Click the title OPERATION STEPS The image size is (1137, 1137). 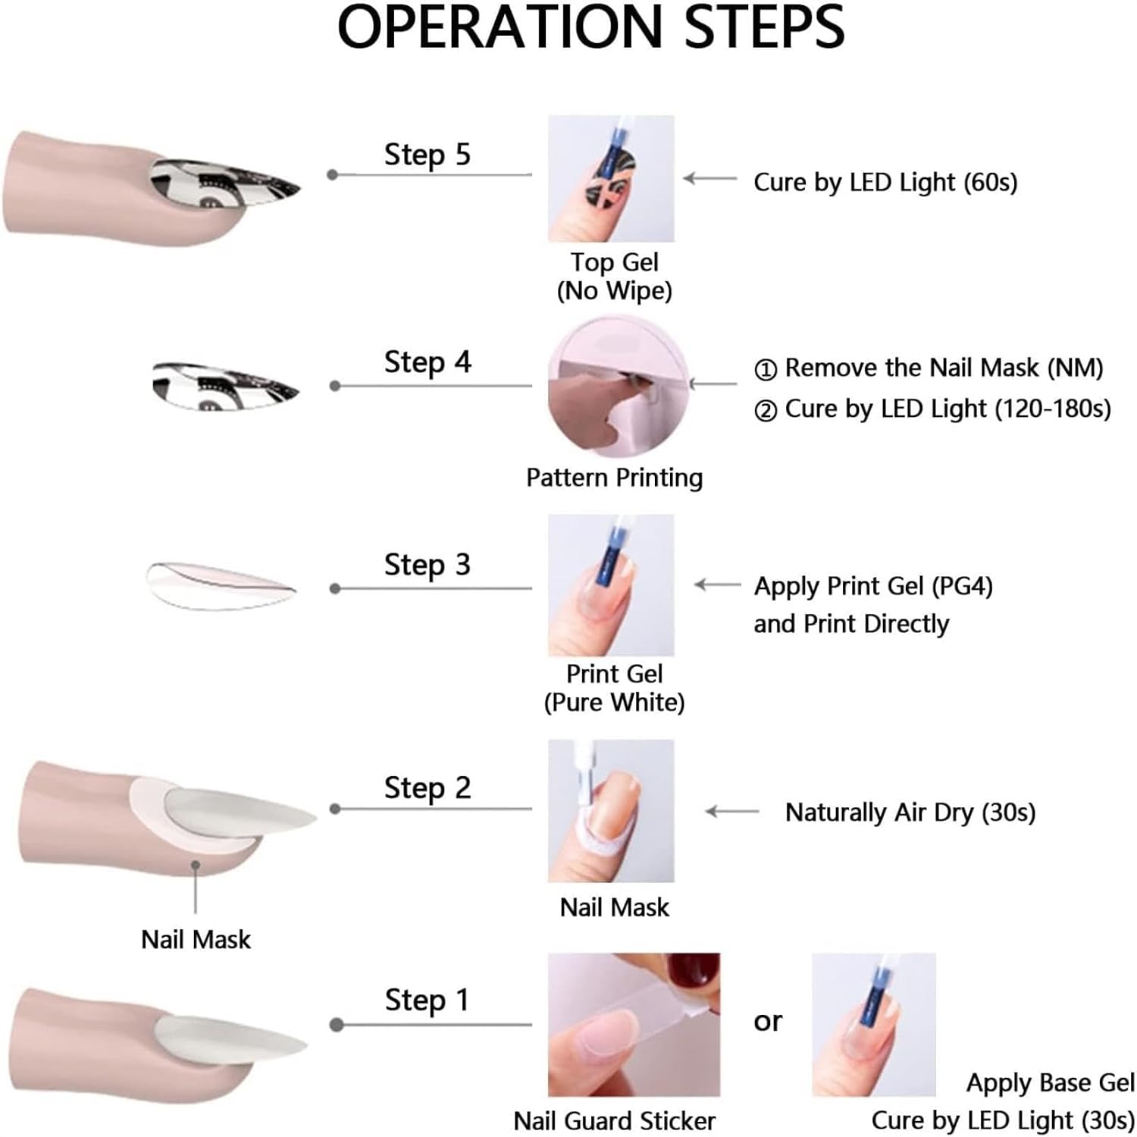coord(590,27)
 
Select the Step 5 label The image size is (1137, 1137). coord(428,155)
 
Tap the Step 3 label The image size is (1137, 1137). coord(428,565)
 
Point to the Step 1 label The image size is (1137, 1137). coord(427,1001)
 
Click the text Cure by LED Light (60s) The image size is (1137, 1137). coord(885,183)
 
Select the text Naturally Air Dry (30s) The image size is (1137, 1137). coord(910,813)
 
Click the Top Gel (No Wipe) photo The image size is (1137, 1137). coord(611,179)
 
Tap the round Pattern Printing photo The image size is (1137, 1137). coord(619,387)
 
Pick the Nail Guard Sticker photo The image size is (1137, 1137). coord(634,1025)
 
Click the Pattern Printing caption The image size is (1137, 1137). coord(615,478)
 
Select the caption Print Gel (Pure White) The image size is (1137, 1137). coord(614,688)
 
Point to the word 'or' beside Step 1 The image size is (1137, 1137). coord(767,1022)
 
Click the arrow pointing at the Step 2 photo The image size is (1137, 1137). coord(732,812)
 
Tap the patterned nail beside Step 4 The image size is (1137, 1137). coord(225,386)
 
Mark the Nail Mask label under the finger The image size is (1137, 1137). coord(196,940)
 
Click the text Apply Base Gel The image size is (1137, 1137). coord(1051,1083)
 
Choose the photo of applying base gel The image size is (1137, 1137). coord(874,1025)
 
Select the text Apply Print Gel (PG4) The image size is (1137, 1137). coord(873,587)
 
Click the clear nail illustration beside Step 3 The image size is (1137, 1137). coord(221,586)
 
